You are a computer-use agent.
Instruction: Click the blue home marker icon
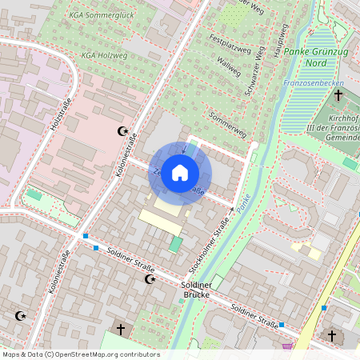(x=180, y=173)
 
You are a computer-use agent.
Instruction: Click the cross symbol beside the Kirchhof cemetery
(x=338, y=95)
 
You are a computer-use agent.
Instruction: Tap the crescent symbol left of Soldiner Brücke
(x=149, y=279)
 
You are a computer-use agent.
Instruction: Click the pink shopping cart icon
(x=287, y=346)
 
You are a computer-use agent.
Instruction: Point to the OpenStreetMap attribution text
(x=80, y=354)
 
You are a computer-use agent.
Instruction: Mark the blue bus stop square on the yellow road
(x=324, y=307)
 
